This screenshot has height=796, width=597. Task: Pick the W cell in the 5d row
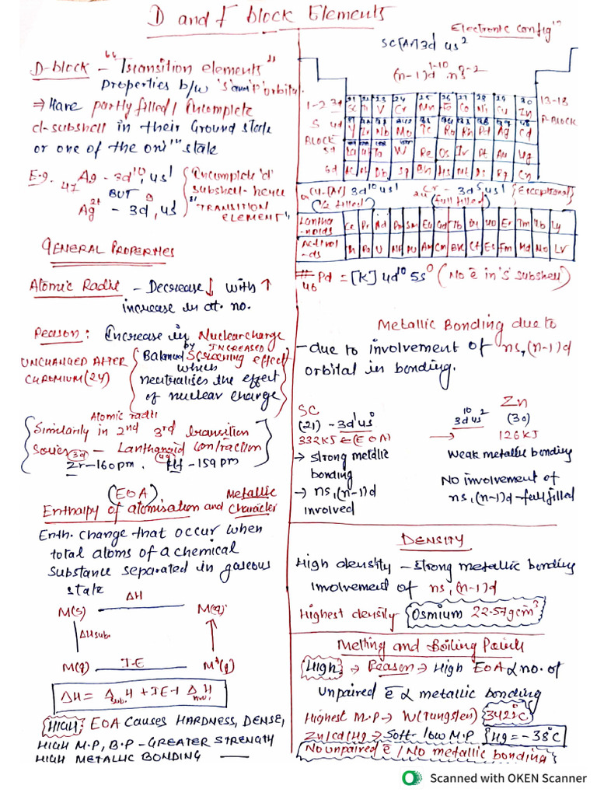pyautogui.click(x=406, y=151)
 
